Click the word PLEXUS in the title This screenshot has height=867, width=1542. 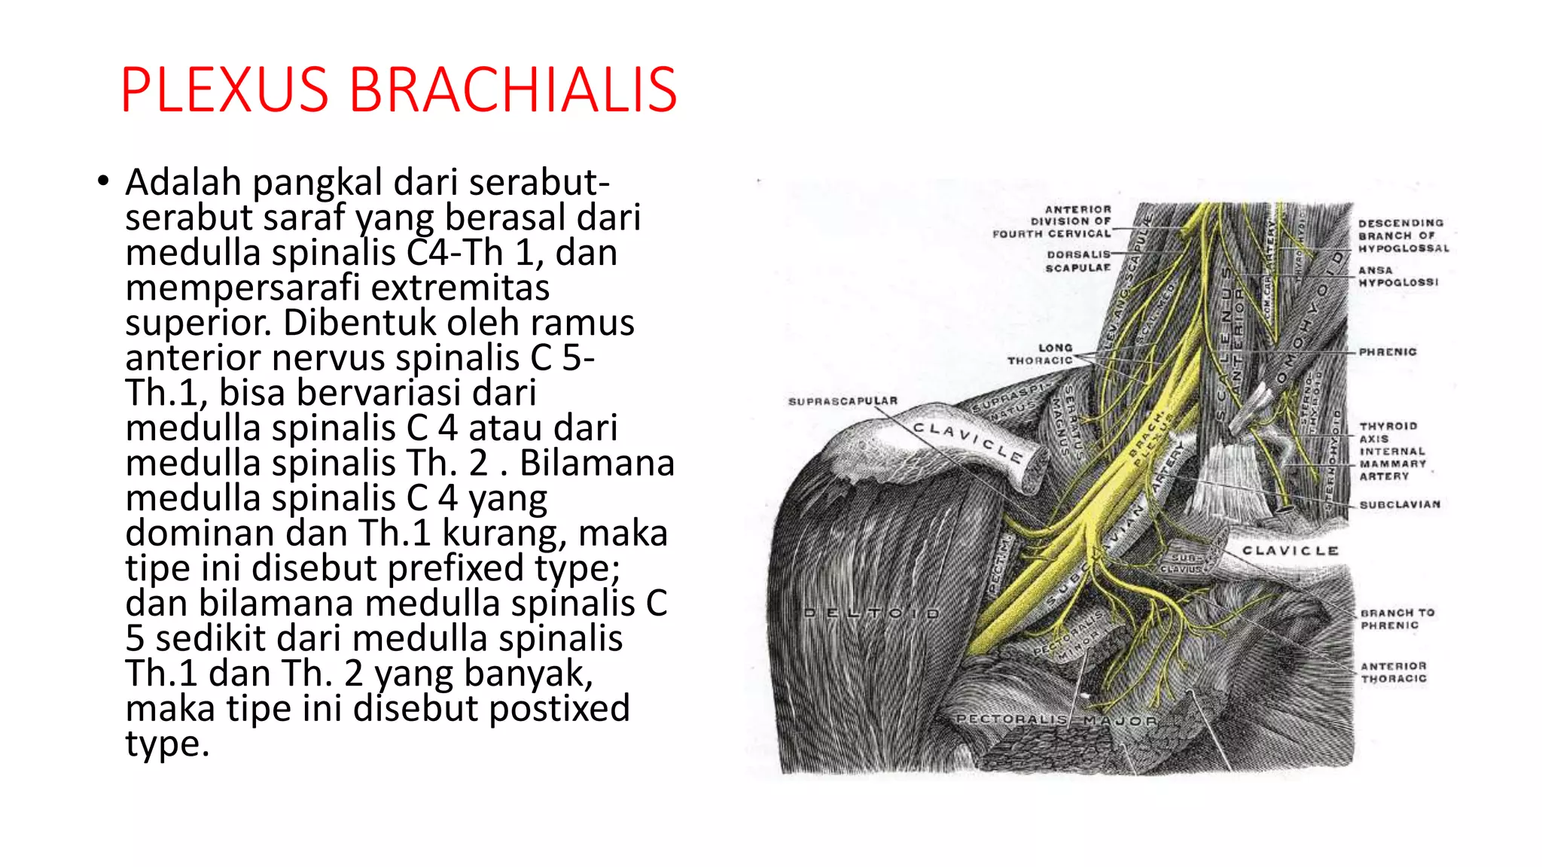pyautogui.click(x=224, y=90)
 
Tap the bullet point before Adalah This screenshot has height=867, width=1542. pyautogui.click(x=103, y=182)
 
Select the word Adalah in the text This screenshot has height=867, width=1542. pyautogui.click(x=183, y=183)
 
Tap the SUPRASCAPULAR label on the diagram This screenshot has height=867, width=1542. pyautogui.click(x=843, y=401)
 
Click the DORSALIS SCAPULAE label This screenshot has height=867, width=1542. pyautogui.click(x=1077, y=261)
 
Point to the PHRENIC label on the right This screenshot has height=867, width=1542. pyautogui.click(x=1388, y=351)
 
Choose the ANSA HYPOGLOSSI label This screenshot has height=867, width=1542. pyautogui.click(x=1398, y=276)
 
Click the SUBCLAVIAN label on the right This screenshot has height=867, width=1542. pyautogui.click(x=1400, y=504)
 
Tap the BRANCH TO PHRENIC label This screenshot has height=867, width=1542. pyautogui.click(x=1397, y=619)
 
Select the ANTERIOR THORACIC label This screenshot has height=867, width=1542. pyautogui.click(x=1394, y=672)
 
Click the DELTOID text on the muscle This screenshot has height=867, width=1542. pyautogui.click(x=872, y=613)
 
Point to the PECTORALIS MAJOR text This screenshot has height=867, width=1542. pyautogui.click(x=1056, y=720)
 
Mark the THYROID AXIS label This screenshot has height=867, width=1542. pyautogui.click(x=1388, y=432)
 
